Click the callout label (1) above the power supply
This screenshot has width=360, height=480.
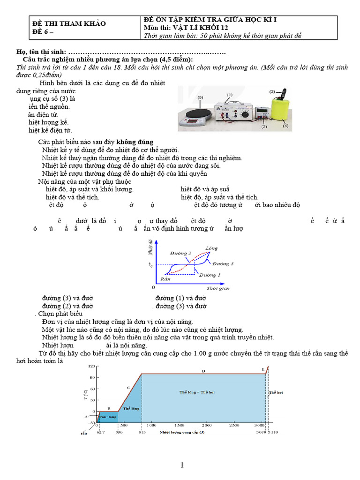click(x=230, y=95)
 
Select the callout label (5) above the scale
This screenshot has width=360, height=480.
click(x=201, y=97)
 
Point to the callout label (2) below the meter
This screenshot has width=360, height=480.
click(x=264, y=127)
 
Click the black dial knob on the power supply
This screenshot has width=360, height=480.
click(x=243, y=113)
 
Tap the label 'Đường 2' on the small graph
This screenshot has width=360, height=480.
click(x=183, y=253)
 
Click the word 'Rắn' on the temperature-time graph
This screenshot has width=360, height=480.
click(x=165, y=278)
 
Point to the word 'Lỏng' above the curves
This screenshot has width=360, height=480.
click(x=211, y=247)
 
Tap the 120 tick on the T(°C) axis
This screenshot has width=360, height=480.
click(x=91, y=366)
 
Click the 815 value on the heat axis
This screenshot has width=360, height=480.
click(x=142, y=432)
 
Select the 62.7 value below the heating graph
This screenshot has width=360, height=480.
click(x=101, y=432)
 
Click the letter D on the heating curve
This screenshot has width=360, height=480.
click(x=203, y=371)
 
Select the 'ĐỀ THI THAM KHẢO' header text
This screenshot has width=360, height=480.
click(x=69, y=23)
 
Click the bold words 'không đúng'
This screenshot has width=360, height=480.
click(x=135, y=142)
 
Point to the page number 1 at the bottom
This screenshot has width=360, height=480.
click(x=182, y=465)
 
